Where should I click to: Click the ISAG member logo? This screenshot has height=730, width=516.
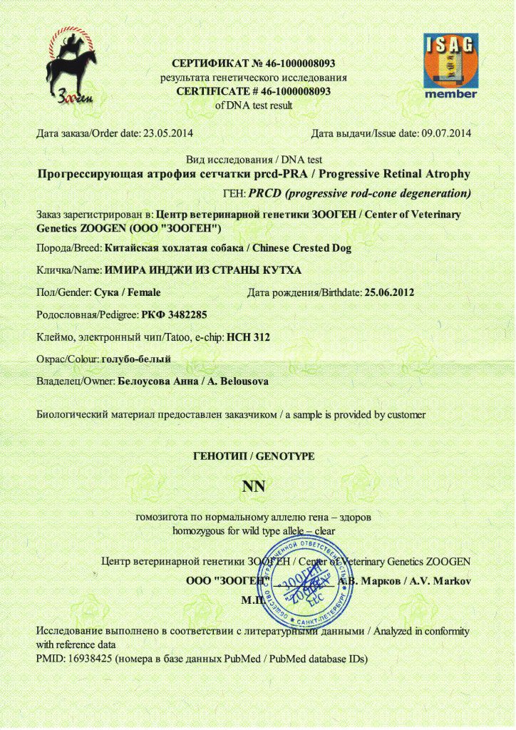(450, 66)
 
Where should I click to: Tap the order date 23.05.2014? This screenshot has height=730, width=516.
(168, 133)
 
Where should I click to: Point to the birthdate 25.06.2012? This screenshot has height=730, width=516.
(389, 292)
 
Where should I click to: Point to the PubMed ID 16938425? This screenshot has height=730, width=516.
(93, 659)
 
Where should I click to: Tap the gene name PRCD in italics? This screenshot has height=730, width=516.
(264, 193)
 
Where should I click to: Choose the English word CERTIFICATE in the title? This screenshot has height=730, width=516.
(214, 91)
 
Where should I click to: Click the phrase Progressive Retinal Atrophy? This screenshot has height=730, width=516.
(403, 174)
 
